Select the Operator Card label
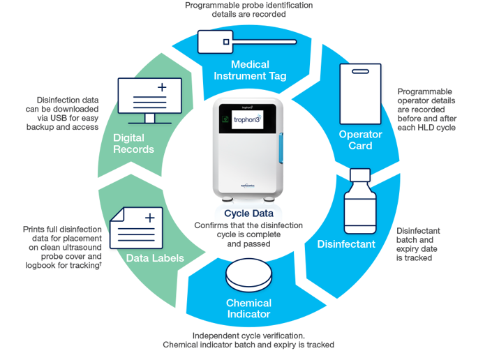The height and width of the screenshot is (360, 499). click(x=360, y=140)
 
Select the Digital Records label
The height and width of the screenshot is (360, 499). click(x=143, y=143)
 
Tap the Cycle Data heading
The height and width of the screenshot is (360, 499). click(x=249, y=214)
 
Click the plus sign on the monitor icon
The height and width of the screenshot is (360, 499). click(x=162, y=88)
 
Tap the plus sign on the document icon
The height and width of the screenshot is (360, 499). click(x=149, y=218)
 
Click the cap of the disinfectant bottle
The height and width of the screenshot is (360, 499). click(x=360, y=174)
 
